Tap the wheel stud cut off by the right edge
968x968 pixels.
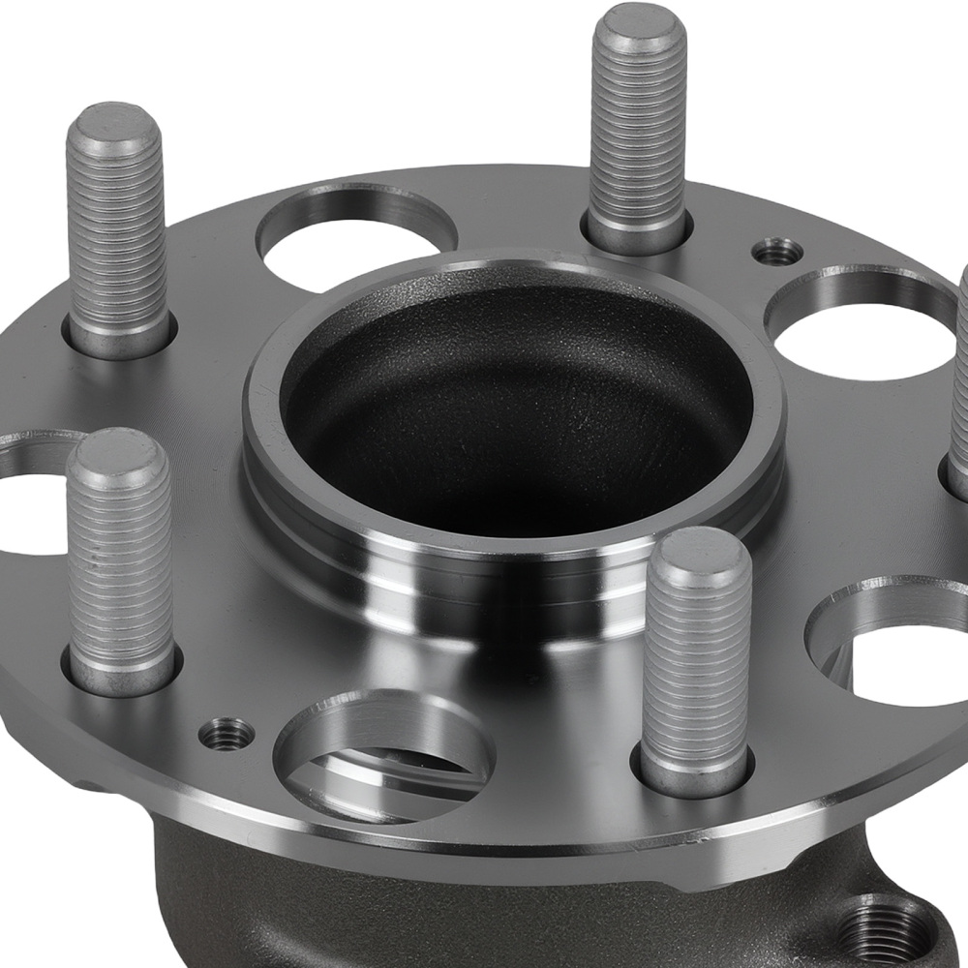(959, 387)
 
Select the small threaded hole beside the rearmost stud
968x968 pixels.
(778, 253)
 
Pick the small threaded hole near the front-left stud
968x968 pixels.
(227, 735)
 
